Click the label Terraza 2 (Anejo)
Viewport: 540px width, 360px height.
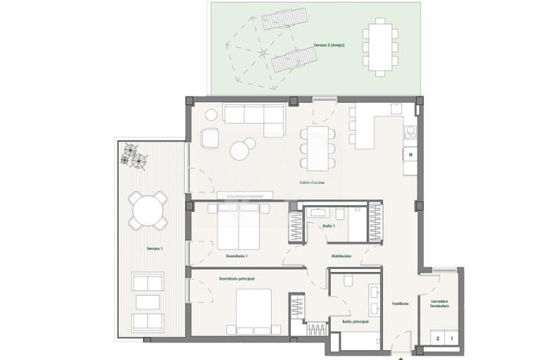tap(329, 45)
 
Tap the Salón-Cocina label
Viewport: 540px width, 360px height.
tap(310, 182)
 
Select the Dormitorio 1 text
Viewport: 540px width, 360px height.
tap(236, 255)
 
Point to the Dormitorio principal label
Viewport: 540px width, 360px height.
tap(236, 278)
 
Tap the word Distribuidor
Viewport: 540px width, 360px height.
tap(342, 256)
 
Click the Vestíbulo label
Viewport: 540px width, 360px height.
tap(400, 303)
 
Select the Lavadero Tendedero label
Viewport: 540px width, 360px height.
tap(439, 304)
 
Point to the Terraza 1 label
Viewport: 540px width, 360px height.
tap(155, 250)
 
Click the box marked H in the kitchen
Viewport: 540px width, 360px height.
tap(411, 155)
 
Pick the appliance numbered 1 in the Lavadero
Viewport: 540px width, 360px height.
tap(451, 337)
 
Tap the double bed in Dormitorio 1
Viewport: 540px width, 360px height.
tap(240, 226)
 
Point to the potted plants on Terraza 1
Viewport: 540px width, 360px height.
tap(134, 155)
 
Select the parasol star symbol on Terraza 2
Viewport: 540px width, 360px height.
tap(263, 54)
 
